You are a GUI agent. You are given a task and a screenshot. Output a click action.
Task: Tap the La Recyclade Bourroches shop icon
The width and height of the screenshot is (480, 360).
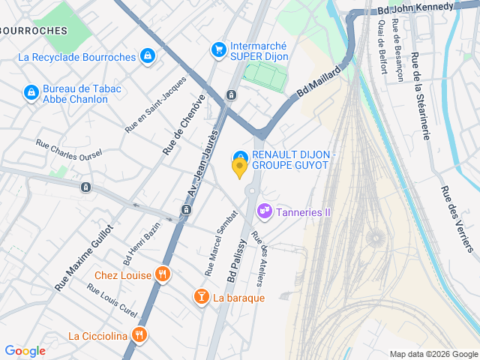[148, 56]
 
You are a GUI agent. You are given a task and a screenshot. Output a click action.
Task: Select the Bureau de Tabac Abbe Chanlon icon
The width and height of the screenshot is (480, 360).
[31, 92]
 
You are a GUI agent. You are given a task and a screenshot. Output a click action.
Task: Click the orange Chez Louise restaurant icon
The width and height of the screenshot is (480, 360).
[162, 274]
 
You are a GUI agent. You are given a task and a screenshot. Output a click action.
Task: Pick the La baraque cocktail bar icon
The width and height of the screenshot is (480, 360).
[201, 298]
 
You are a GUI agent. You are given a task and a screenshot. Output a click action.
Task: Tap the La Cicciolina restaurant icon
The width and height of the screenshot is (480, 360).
[138, 335]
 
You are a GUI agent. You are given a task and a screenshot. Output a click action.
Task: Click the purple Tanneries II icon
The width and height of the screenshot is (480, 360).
[264, 212]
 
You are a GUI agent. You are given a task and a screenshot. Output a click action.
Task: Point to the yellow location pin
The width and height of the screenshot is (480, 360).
[240, 168]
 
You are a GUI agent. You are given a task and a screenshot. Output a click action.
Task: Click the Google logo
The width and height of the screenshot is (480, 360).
[25, 350]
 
